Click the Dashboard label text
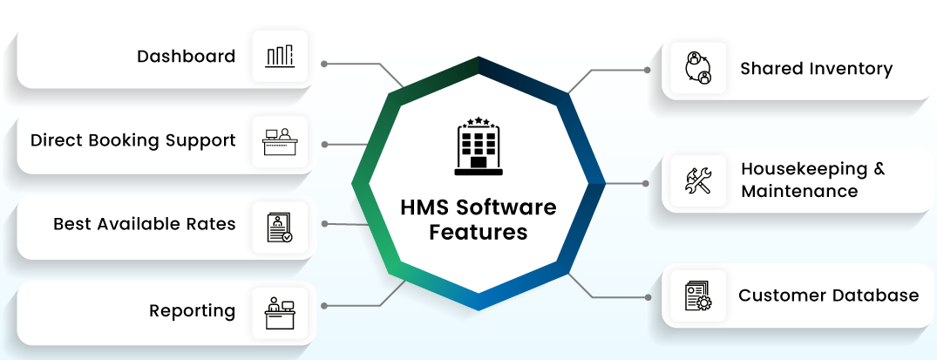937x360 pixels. click(186, 56)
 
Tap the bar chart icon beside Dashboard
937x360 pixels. click(280, 56)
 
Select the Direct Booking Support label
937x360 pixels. click(133, 141)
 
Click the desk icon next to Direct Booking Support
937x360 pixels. click(280, 142)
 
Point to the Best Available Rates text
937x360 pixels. click(145, 224)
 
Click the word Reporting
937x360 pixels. click(192, 311)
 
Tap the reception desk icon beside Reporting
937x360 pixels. click(280, 313)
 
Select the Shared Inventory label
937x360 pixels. click(817, 69)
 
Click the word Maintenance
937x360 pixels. click(799, 192)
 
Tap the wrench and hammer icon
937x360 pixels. click(698, 180)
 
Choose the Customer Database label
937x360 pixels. click(828, 295)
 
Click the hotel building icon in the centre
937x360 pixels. click(478, 146)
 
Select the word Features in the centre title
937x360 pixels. click(479, 232)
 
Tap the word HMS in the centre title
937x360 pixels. click(424, 207)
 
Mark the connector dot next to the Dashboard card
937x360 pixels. click(324, 64)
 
